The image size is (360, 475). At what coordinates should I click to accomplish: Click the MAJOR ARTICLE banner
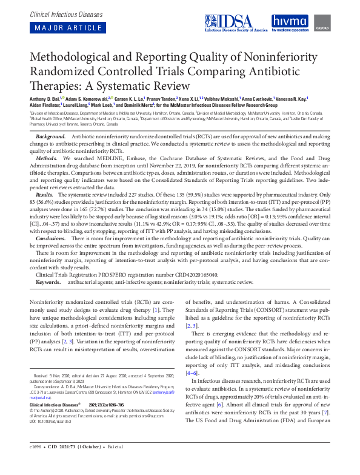(x=64, y=28)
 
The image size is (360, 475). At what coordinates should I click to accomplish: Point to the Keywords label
(x=48, y=283)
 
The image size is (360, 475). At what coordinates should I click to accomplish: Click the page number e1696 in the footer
(x=38, y=463)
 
